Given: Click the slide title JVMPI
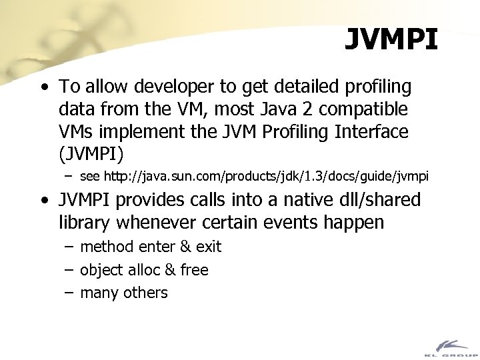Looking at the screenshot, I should coord(391,39).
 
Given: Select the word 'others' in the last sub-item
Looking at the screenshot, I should coord(144,293).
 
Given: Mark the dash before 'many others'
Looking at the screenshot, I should coord(69,293).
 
